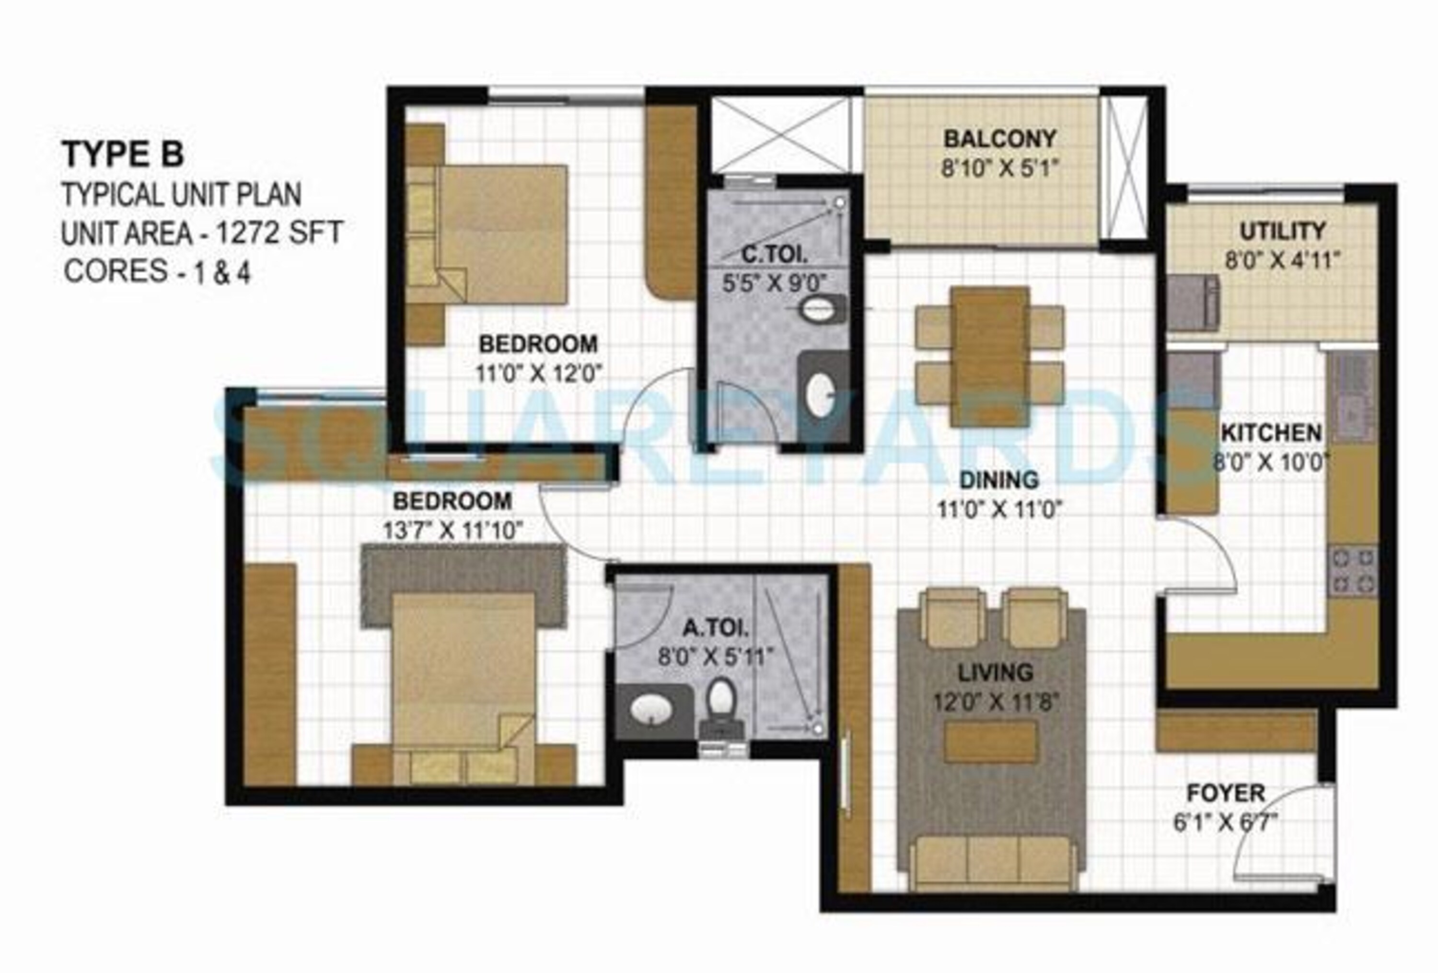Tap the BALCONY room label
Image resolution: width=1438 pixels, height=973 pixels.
pyautogui.click(x=999, y=139)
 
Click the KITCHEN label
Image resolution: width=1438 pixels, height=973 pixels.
pyautogui.click(x=1271, y=433)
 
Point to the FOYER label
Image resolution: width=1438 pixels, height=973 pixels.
pyautogui.click(x=1225, y=793)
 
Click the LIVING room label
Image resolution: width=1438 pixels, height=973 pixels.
pyautogui.click(x=995, y=672)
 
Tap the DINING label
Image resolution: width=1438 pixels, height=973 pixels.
pyautogui.click(x=998, y=480)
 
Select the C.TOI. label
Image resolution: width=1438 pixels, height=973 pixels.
pyautogui.click(x=774, y=254)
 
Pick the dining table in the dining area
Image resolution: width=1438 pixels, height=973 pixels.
pyautogui.click(x=990, y=356)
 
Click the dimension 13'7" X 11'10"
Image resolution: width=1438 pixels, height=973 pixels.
pyautogui.click(x=453, y=530)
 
